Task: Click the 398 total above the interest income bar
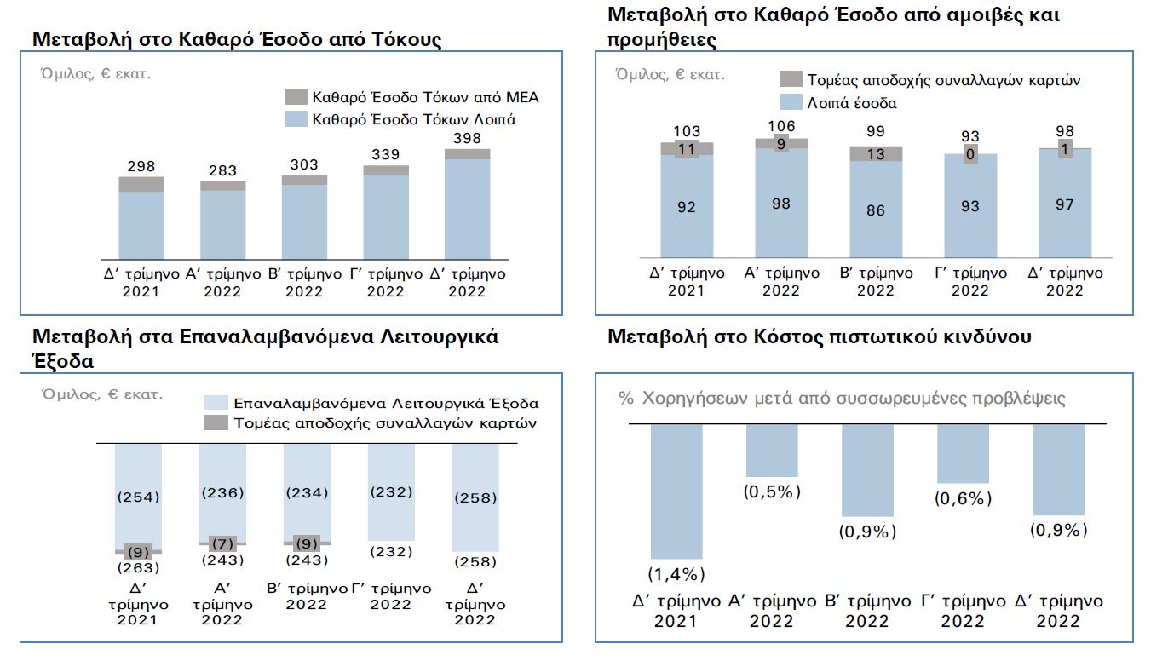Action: click(467, 138)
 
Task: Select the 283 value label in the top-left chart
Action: click(222, 170)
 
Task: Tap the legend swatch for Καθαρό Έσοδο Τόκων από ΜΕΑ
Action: click(296, 96)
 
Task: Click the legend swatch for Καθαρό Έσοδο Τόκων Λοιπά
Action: click(296, 118)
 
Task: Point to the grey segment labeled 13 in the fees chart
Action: click(875, 154)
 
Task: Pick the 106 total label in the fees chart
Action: click(781, 127)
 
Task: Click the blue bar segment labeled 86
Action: click(875, 210)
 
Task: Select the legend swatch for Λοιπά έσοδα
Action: click(791, 102)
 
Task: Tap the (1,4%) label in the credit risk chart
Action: click(676, 573)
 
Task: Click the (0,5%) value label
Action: click(772, 492)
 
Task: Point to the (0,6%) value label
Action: click(963, 498)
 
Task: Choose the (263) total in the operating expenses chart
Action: click(138, 567)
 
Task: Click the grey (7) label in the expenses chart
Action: click(222, 543)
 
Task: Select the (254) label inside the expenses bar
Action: click(138, 497)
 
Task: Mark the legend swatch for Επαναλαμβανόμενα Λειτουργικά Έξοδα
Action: click(216, 403)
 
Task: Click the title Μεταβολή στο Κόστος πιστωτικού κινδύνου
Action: click(819, 336)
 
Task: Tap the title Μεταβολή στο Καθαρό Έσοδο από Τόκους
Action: click(237, 39)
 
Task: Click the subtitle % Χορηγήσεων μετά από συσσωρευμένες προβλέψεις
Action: click(842, 399)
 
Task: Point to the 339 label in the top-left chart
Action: click(385, 153)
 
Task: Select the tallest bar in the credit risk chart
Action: click(676, 491)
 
